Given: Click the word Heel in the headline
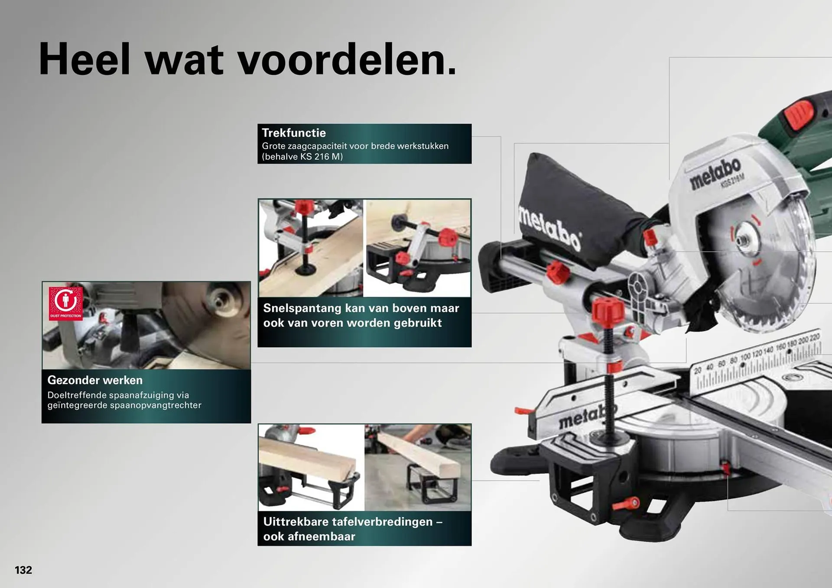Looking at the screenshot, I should [x=84, y=59].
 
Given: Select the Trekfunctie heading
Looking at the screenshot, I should [x=294, y=133].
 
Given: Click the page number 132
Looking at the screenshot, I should [x=23, y=570].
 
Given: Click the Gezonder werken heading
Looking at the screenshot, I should [x=95, y=380].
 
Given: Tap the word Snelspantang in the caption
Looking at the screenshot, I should [x=302, y=308].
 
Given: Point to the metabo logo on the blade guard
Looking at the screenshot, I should [x=715, y=173].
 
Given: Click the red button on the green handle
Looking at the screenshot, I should [x=800, y=114].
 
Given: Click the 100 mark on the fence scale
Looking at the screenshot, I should [x=745, y=357].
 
